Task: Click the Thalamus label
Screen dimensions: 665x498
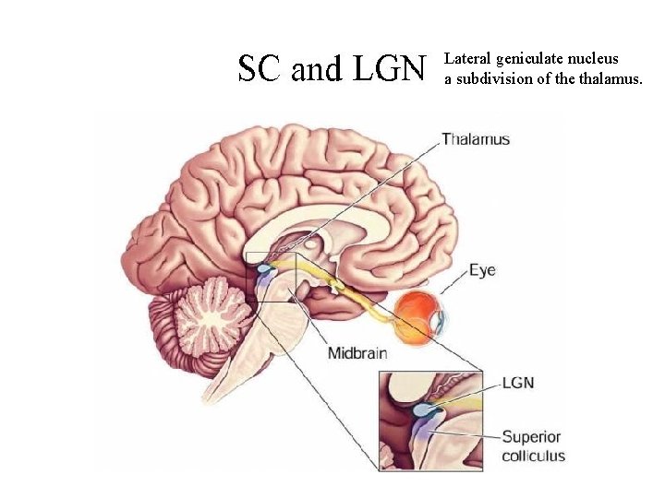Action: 476,139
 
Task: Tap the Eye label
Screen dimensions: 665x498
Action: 482,270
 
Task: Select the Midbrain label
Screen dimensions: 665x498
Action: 357,353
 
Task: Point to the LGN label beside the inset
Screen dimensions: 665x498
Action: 519,383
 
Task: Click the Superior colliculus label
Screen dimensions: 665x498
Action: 533,446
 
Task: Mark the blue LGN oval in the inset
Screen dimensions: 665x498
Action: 426,407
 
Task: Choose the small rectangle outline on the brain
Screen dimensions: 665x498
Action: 271,276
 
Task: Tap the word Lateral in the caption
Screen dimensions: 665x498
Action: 467,59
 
